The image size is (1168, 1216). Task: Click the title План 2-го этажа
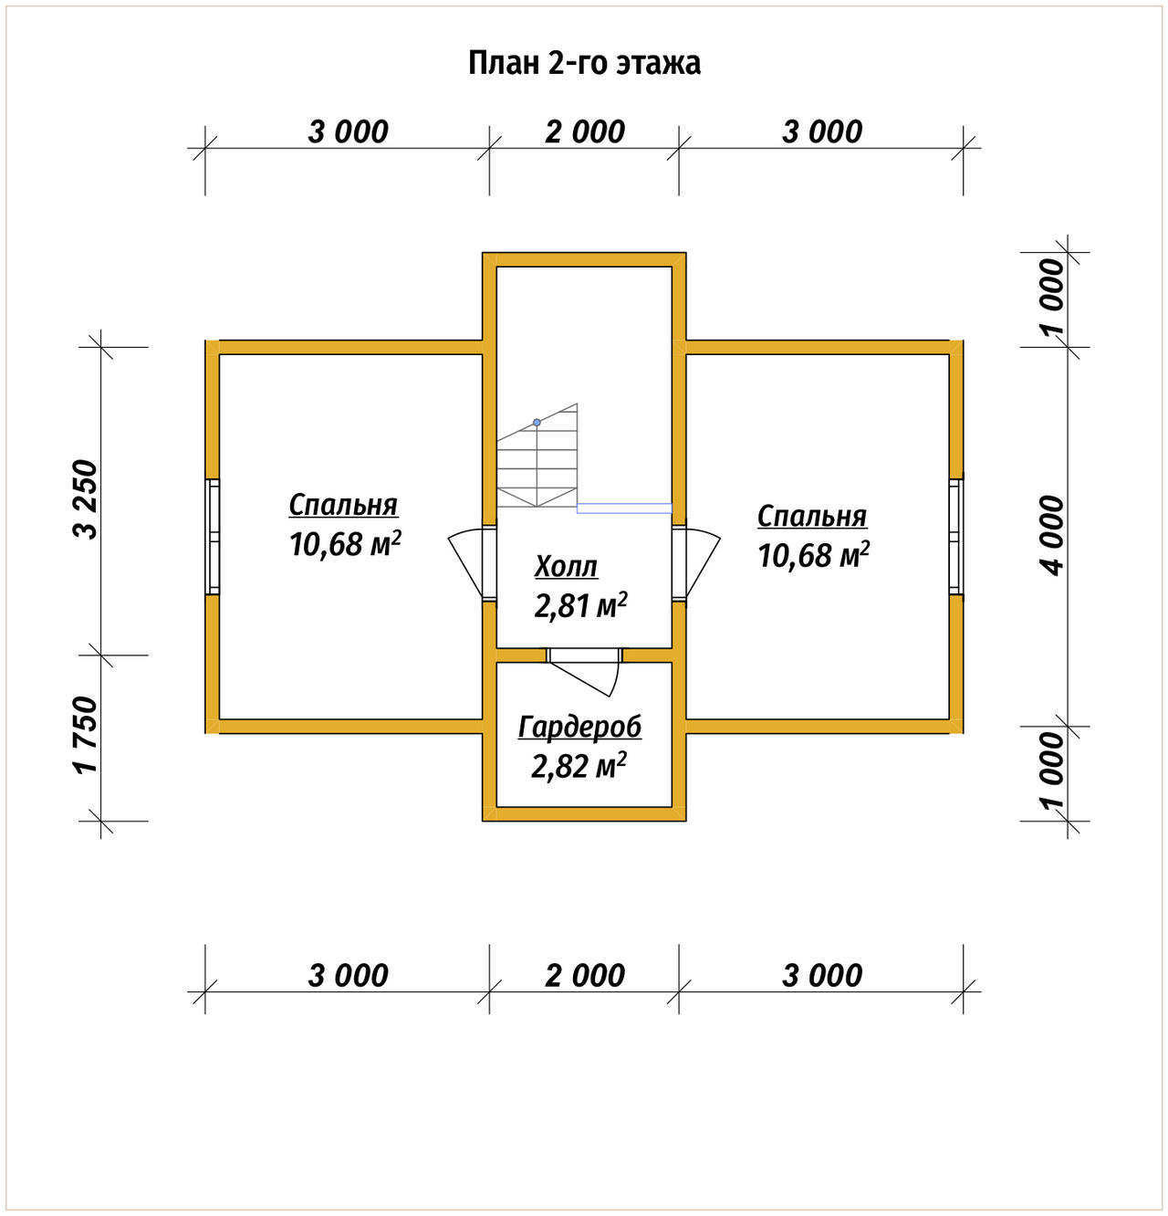[584, 63]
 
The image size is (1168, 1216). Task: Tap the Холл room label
[566, 566]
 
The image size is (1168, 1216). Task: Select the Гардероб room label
[579, 728]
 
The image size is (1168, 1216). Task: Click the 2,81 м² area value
[580, 605]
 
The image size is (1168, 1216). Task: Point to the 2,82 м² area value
[579, 765]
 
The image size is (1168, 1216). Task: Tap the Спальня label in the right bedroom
[812, 516]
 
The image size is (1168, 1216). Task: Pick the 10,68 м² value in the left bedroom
[344, 543]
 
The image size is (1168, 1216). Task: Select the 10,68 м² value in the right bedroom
[813, 554]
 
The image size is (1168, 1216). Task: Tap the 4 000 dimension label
[1052, 536]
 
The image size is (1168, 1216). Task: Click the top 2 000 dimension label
[585, 131]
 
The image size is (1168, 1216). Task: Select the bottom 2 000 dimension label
[585, 975]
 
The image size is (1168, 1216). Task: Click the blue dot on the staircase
[537, 423]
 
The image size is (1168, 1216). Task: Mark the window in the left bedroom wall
[213, 536]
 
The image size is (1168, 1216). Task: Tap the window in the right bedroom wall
[955, 536]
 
